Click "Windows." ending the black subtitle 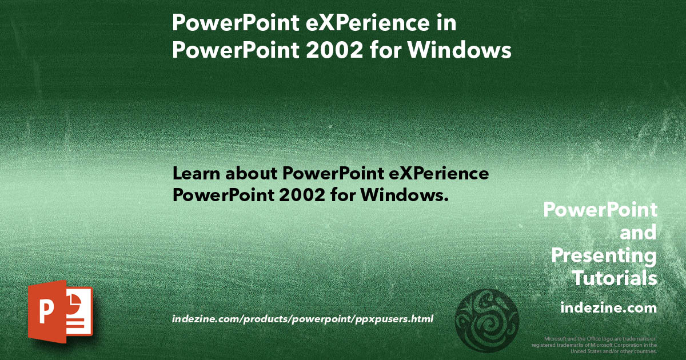click(x=403, y=195)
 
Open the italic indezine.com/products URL click(x=302, y=318)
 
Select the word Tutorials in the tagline click(x=615, y=278)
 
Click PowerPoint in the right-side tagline click(x=600, y=210)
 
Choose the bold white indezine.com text click(x=609, y=308)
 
